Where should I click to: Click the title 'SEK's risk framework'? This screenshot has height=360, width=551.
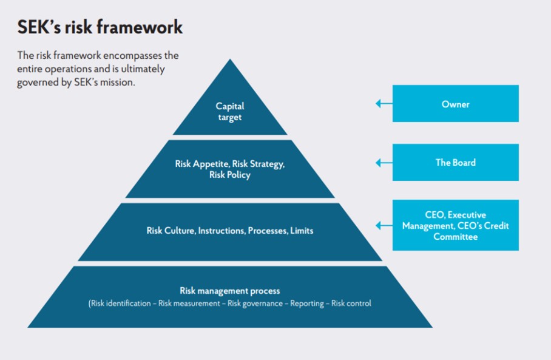[100, 27]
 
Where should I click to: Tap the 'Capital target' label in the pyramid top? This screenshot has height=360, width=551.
[230, 111]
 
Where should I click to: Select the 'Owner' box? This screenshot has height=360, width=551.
[455, 104]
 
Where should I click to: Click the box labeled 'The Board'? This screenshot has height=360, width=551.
[455, 163]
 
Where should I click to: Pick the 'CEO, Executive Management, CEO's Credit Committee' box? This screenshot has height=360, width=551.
[455, 225]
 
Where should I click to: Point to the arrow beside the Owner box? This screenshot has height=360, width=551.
[384, 104]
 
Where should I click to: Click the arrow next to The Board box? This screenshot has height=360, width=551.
[384, 163]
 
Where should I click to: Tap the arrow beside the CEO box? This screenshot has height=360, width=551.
[384, 225]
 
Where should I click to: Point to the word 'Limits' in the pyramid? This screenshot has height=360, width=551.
[302, 231]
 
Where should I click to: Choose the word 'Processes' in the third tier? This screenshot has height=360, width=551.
[266, 231]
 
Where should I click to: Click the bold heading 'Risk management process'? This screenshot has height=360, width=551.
[230, 291]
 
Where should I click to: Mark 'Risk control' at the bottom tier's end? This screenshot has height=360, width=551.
[351, 303]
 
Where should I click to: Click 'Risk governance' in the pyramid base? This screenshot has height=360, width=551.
[255, 303]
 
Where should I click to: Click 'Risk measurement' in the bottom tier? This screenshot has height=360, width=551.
[189, 303]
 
